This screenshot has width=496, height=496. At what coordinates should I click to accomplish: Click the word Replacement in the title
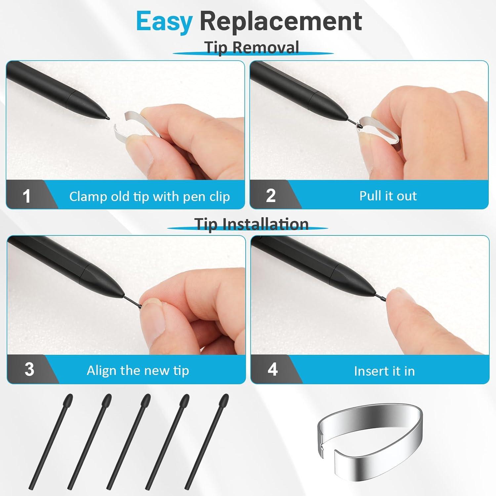pyautogui.click(x=281, y=21)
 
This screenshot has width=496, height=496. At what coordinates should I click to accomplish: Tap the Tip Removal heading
pyautogui.click(x=252, y=47)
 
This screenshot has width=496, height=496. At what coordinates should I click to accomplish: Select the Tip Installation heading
pyautogui.click(x=251, y=224)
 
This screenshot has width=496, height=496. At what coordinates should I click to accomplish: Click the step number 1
pyautogui.click(x=26, y=196)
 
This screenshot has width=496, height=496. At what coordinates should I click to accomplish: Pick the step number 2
pyautogui.click(x=271, y=196)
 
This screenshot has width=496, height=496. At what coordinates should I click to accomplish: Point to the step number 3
pyautogui.click(x=29, y=369)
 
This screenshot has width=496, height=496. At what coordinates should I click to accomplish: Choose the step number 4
pyautogui.click(x=272, y=369)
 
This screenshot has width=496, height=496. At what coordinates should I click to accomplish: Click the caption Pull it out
pyautogui.click(x=388, y=196)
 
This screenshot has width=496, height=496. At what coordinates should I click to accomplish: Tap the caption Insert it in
pyautogui.click(x=384, y=371)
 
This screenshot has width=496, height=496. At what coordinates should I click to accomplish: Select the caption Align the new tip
pyautogui.click(x=138, y=371)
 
